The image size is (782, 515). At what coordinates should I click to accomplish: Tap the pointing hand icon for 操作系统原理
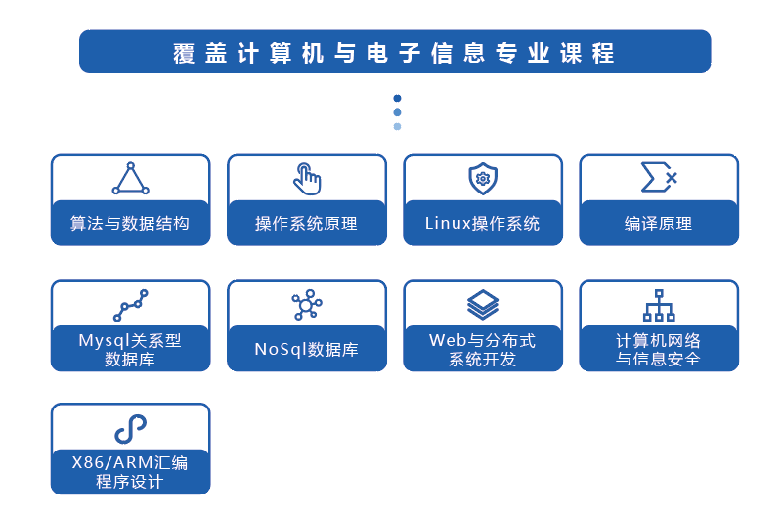[x=308, y=179]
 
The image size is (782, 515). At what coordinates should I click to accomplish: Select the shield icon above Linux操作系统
[x=483, y=178]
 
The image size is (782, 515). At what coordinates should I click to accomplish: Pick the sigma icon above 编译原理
[x=659, y=177]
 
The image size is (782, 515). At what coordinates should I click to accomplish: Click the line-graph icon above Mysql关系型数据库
[x=131, y=305]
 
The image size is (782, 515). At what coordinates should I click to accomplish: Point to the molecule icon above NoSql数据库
[x=307, y=305]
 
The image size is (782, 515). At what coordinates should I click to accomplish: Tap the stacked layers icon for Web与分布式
[x=483, y=305]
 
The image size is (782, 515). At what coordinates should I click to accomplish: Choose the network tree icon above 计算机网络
[x=659, y=305]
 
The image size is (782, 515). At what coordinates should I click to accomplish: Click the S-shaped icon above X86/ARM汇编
[x=131, y=429]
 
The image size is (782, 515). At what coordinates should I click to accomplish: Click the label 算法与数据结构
[x=130, y=223]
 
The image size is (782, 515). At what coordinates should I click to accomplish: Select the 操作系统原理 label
[x=306, y=223]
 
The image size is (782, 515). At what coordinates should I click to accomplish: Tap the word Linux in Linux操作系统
[x=448, y=223]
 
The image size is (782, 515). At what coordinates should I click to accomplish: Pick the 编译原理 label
[x=658, y=223]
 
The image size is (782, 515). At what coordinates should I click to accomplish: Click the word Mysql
[x=104, y=341]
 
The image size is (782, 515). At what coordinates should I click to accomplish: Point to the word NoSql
[x=281, y=349]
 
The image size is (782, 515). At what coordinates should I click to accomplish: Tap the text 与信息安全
[x=658, y=359]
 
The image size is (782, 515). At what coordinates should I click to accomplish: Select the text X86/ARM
[x=112, y=462]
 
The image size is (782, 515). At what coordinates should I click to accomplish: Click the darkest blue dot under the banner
[x=397, y=98]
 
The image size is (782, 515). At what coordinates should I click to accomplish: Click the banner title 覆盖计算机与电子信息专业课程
[x=394, y=53]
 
